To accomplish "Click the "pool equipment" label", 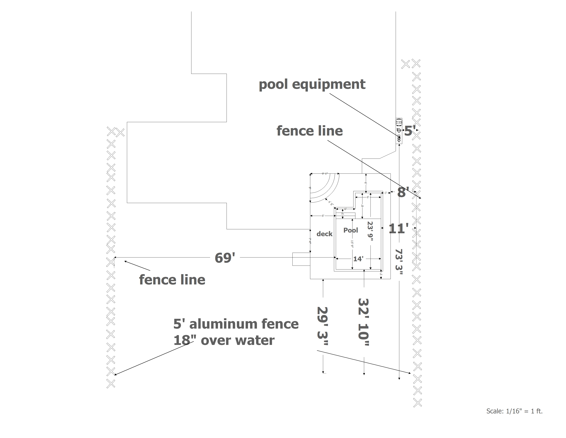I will [x=312, y=85].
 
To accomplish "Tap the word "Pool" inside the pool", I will [x=350, y=230].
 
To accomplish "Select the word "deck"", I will [x=325, y=234].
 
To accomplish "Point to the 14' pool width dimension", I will [x=358, y=259].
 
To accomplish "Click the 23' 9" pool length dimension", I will [x=370, y=231].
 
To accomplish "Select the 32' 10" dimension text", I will [x=364, y=322].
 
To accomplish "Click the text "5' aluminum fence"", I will [x=236, y=324].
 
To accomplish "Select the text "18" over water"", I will [x=224, y=340].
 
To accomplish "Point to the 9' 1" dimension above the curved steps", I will [x=325, y=174].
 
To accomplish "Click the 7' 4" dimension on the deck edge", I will [x=310, y=240].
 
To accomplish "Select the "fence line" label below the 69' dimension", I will [x=172, y=280].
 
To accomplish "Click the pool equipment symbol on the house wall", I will [x=399, y=131].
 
